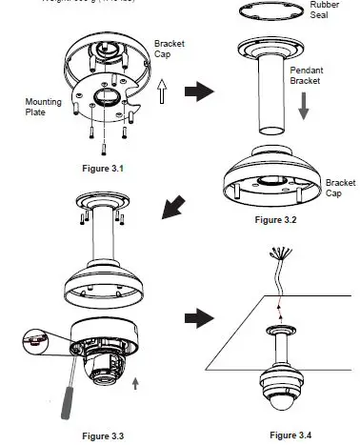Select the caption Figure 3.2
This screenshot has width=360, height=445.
point(276,219)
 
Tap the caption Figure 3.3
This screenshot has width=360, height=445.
point(103,435)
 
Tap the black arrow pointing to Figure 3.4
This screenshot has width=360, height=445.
point(203,317)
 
